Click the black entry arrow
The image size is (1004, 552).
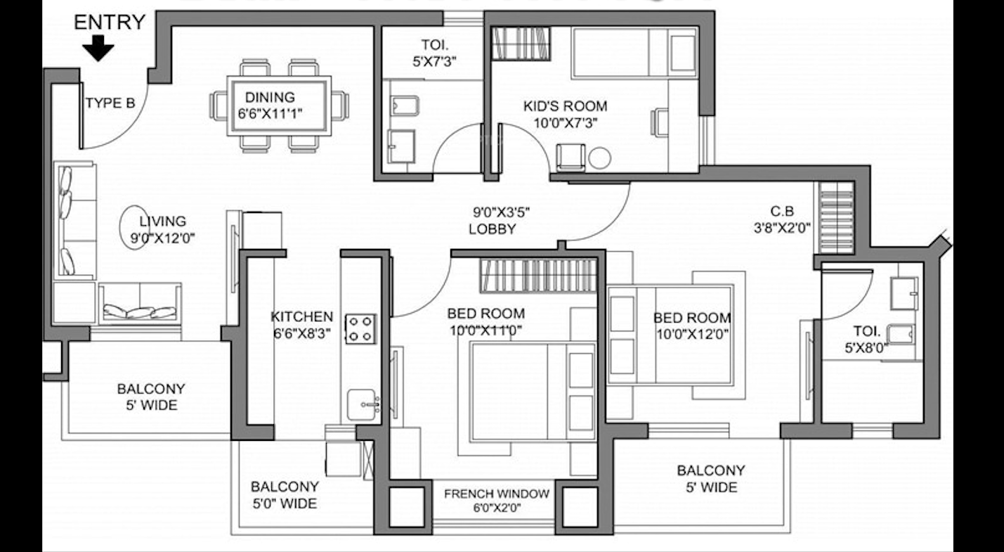[x=98, y=48]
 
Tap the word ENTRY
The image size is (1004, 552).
[x=110, y=23]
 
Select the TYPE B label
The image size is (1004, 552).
[x=110, y=103]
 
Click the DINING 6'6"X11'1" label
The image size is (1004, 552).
[x=270, y=105]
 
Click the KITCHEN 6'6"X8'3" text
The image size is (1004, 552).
[x=302, y=325]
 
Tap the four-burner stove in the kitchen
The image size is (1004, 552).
[x=360, y=329]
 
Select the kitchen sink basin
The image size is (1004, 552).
[x=362, y=405]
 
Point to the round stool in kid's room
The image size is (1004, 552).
[x=600, y=158]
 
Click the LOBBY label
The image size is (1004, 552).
[x=492, y=229]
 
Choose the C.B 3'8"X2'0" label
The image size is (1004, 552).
[x=782, y=219]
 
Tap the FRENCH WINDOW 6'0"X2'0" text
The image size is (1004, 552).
[x=497, y=501]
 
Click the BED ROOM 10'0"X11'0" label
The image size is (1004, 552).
[x=486, y=322]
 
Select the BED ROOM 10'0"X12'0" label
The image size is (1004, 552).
[x=692, y=326]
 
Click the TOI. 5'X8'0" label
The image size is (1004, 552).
[x=866, y=340]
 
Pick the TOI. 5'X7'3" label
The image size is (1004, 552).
[x=434, y=53]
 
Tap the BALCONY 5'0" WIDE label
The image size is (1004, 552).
[x=285, y=495]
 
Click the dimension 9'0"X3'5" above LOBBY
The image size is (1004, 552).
[x=502, y=212]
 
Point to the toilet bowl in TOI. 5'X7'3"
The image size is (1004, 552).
[x=405, y=105]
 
